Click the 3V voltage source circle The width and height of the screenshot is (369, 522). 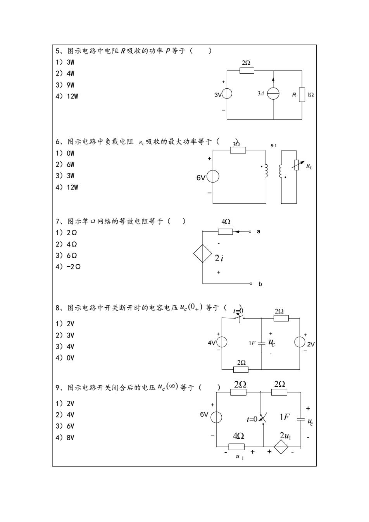coord(227,94)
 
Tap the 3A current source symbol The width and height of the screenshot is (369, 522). coord(273,94)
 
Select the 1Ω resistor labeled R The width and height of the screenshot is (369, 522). coord(302,95)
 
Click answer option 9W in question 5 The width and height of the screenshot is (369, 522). coord(65,85)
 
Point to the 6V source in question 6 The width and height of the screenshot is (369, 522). coord(213,176)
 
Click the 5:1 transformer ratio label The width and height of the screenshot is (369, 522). coord(273,146)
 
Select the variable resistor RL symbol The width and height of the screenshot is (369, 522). coord(297,165)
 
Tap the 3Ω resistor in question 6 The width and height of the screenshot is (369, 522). coord(238,150)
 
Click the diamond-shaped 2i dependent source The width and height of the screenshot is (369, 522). coord(203,253)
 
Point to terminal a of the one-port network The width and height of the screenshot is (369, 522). coord(250,232)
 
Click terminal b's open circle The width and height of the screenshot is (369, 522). coord(251,284)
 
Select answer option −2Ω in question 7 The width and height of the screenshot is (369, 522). coord(68,267)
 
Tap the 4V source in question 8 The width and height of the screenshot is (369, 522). coord(222,342)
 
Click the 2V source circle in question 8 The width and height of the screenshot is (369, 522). coord(300,342)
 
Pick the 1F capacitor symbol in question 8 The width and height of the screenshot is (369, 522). coord(262,343)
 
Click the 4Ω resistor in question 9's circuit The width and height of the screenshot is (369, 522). coord(236,447)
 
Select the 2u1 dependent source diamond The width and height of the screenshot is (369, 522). coord(281,447)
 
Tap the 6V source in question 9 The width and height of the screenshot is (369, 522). coord(216,417)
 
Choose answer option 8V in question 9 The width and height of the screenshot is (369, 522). coord(65,438)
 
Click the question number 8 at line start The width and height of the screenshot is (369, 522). coord(58,308)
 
